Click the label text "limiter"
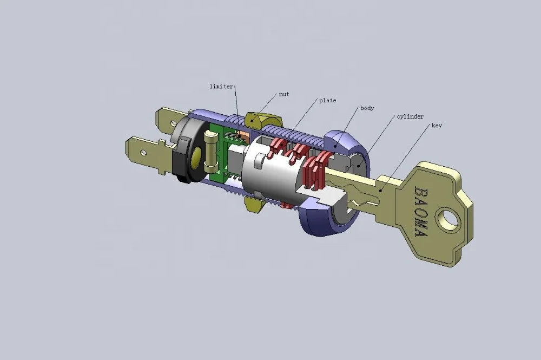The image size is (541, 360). click(221, 86)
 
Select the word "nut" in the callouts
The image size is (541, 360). click(284, 94)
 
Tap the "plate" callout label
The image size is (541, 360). click(327, 101)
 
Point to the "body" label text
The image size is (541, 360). click(367, 108)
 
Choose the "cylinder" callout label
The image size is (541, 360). click(410, 117)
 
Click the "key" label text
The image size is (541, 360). click(437, 126)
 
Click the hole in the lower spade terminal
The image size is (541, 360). click(143, 152)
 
